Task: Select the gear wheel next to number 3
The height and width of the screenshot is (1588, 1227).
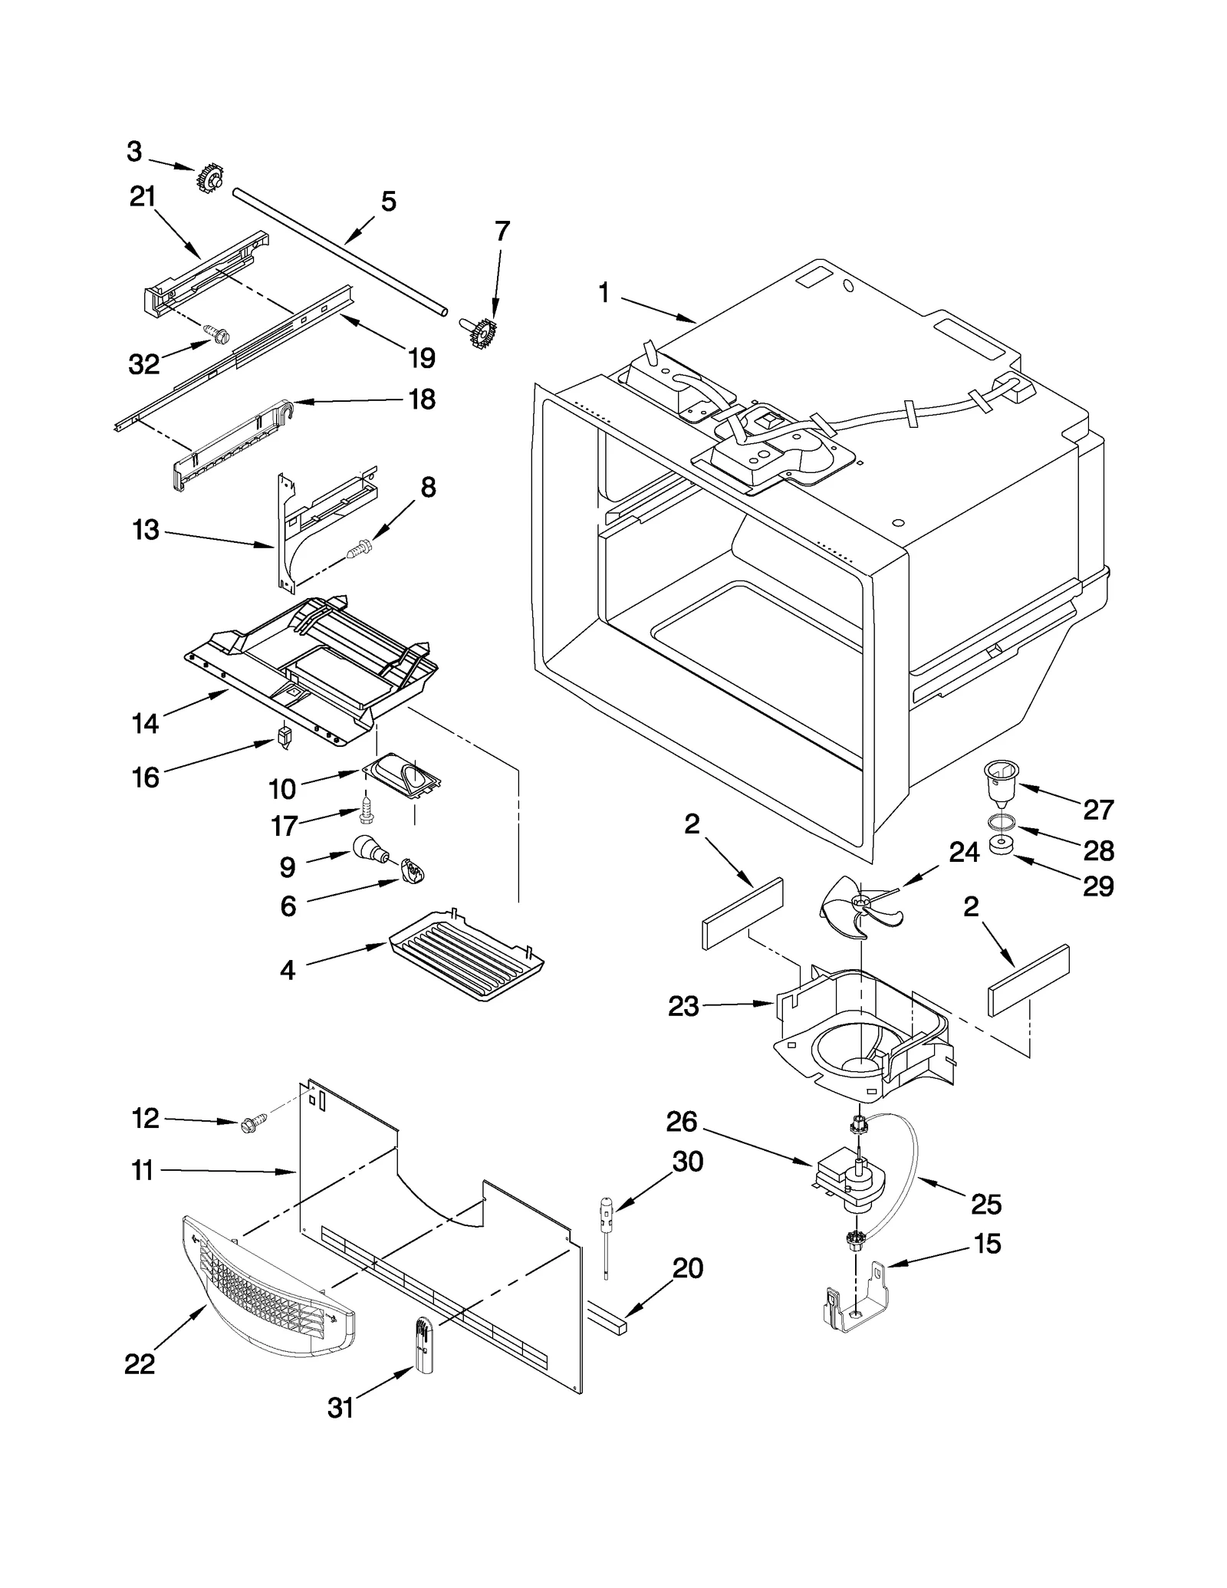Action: coord(209,179)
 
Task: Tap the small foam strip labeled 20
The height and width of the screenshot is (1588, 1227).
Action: coord(607,1317)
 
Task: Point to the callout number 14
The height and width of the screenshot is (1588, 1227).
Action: coord(145,722)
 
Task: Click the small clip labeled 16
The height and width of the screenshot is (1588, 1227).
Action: coord(285,738)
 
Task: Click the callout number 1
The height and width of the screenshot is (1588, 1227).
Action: coord(604,292)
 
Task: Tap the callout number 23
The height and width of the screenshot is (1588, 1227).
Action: coord(683,1006)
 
